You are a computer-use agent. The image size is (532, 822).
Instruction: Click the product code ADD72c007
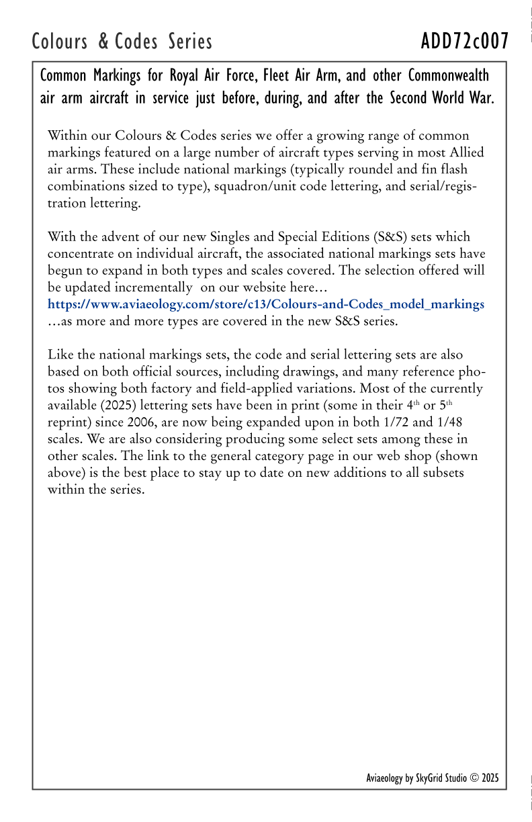(x=464, y=42)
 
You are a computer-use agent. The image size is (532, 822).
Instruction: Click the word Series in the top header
(x=190, y=42)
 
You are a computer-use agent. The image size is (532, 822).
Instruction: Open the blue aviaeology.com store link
(x=265, y=304)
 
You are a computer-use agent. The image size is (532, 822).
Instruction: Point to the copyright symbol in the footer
(x=474, y=778)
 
